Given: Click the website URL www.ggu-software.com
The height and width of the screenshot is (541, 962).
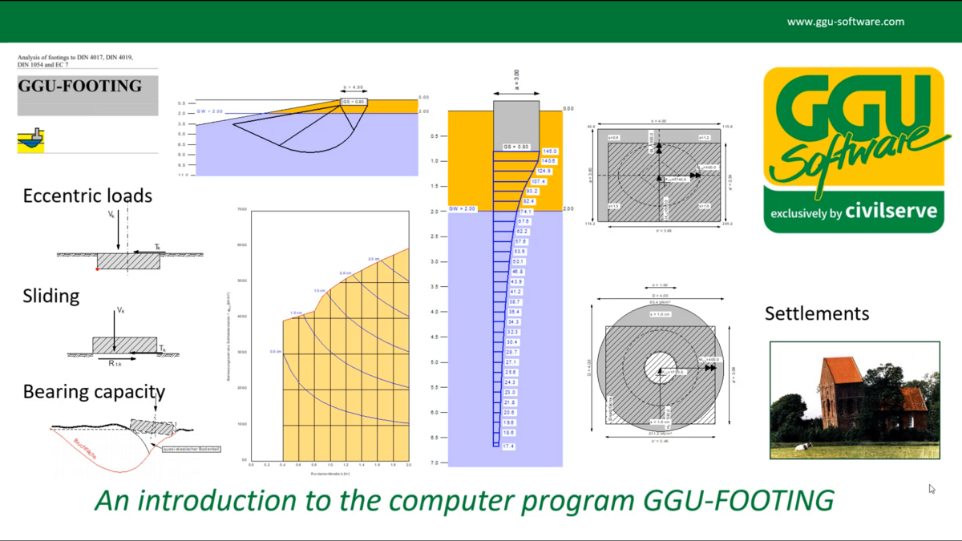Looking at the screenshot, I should pos(845,22).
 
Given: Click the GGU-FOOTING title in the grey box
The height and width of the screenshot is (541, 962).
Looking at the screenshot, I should pos(80,86).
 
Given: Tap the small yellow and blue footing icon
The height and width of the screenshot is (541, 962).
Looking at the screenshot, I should pos(30,139).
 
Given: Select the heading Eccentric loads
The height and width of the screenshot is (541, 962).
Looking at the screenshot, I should pos(87,196).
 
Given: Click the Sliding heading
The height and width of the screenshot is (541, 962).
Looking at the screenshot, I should pos(51,296).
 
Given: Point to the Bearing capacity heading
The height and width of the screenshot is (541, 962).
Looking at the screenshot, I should pos(94,392).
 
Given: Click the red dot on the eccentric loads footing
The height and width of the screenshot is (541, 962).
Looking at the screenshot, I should pos(97,269).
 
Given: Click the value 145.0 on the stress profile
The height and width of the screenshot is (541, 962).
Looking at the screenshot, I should pos(550,151).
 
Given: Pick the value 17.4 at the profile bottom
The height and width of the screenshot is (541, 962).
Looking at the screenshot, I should pos(508,446).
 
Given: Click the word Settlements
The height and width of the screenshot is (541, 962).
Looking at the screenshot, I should pos(816,313).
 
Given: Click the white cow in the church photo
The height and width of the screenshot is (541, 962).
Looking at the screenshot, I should pos(802,447).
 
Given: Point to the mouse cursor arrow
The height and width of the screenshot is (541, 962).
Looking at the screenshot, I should pos(932,488).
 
